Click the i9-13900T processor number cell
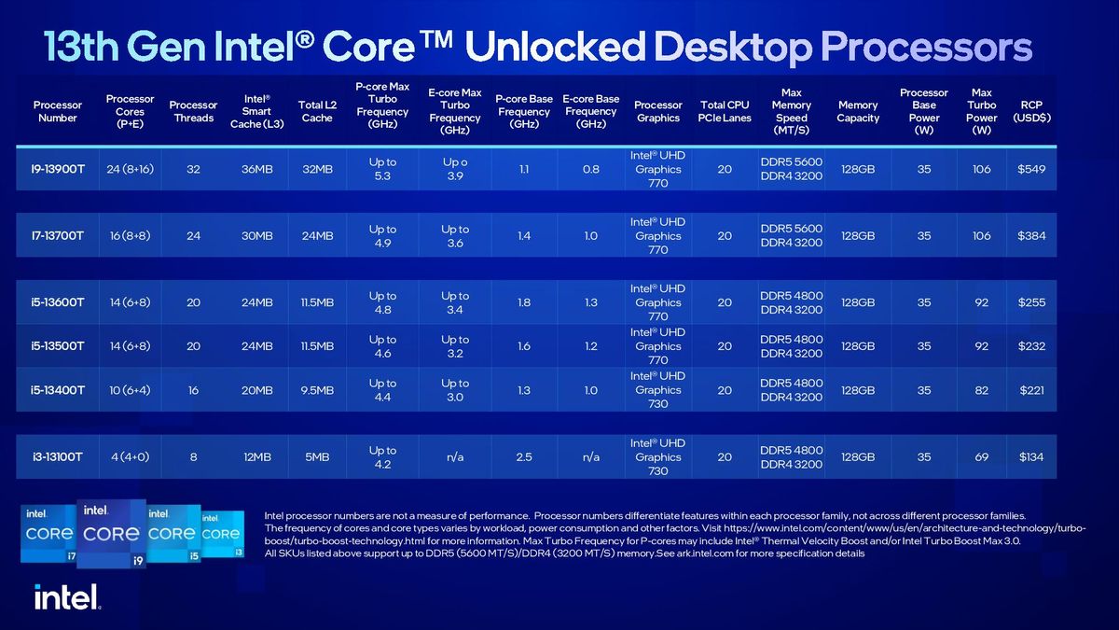click(58, 169)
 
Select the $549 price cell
click(1031, 169)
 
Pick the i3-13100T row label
click(58, 457)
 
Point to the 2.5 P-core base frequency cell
click(523, 457)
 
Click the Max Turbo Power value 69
click(981, 457)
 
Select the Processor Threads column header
click(193, 112)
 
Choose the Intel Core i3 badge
click(222, 533)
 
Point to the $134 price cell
click(1031, 457)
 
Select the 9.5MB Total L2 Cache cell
click(317, 390)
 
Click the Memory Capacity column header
click(858, 112)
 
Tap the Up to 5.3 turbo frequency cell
click(382, 169)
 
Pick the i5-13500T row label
click(58, 346)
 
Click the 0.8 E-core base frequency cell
click(590, 169)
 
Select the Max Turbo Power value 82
click(981, 390)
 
